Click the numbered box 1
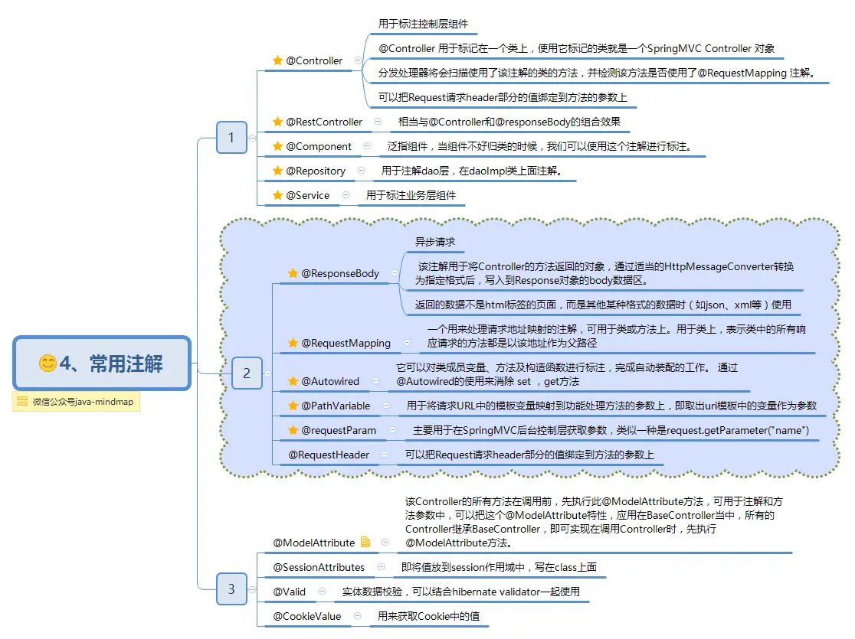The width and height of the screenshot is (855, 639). click(x=231, y=138)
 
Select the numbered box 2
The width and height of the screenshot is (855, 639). click(x=247, y=373)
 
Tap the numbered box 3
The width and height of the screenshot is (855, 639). click(x=231, y=589)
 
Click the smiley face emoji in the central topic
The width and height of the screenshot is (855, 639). click(x=47, y=364)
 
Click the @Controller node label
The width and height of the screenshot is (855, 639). click(x=314, y=60)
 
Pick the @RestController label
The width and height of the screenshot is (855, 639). click(x=324, y=122)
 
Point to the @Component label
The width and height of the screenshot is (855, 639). click(x=319, y=146)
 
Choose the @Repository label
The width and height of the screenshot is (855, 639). click(x=316, y=171)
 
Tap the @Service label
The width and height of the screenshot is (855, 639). click(x=307, y=195)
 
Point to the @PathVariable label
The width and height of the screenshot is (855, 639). click(x=336, y=406)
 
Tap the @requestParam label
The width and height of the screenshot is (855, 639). click(x=339, y=430)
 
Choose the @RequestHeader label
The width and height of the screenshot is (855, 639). click(x=329, y=455)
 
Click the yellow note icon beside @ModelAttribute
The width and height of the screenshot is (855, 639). click(x=365, y=543)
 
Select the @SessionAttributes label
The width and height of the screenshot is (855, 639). click(x=319, y=567)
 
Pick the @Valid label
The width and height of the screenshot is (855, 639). click(x=290, y=592)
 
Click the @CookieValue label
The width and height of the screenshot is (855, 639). click(x=307, y=616)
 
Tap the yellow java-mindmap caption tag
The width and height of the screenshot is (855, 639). click(x=76, y=402)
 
